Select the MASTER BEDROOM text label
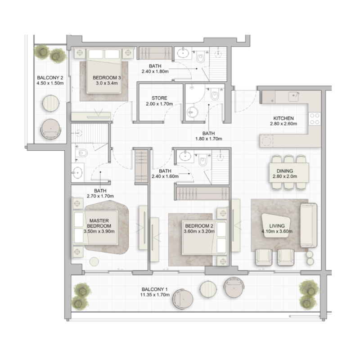(x=99, y=223)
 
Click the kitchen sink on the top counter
(x=294, y=96)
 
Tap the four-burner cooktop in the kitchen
(x=314, y=118)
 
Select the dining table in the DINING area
(x=289, y=171)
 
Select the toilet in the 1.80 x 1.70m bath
(x=215, y=96)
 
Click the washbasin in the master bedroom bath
(x=78, y=172)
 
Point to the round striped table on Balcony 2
(x=51, y=103)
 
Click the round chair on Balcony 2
(x=51, y=129)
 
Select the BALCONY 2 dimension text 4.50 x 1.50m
(x=50, y=83)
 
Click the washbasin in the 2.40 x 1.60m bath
(x=184, y=156)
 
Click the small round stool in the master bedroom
(x=94, y=261)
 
